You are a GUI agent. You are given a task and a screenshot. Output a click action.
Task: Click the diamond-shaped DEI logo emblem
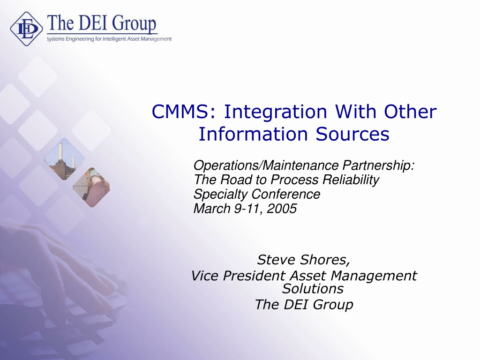[26, 29]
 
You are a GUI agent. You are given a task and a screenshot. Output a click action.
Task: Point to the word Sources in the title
[352, 135]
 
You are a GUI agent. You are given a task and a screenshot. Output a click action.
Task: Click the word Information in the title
[253, 134]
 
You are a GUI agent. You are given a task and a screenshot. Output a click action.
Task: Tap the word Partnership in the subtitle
[378, 165]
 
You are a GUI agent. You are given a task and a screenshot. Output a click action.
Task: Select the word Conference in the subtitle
[286, 194]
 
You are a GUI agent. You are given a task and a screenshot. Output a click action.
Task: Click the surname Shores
[325, 260]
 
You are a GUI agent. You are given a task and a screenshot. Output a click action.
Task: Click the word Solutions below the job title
[313, 289]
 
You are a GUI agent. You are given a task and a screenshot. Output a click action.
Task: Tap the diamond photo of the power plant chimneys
[64, 159]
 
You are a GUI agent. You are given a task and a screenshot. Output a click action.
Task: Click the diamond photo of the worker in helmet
[91, 187]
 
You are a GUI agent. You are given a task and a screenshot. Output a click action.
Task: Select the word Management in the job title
[374, 276]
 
